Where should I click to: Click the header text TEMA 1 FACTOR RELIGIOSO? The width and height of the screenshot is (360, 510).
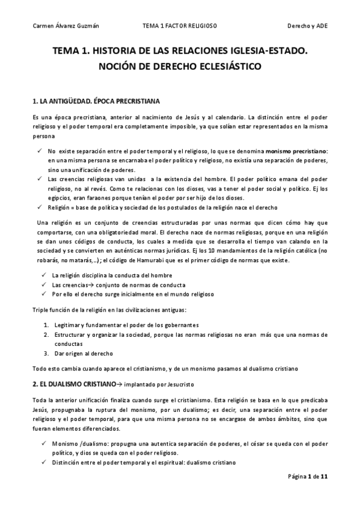coord(180,27)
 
